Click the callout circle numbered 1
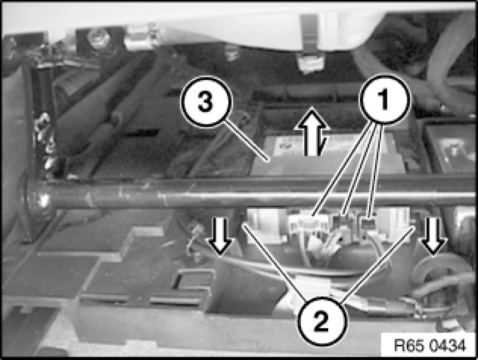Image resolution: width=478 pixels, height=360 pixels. pos(385,99)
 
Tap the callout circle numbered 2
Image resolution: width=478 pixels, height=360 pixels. pos(322,322)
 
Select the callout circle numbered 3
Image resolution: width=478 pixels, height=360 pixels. pos(206,102)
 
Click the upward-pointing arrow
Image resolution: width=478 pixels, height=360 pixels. pos(312,131)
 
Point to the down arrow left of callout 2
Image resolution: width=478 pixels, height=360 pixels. pos(220,237)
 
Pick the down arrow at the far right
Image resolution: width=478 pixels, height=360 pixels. pos(433,237)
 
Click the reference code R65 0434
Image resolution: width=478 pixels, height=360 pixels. pos(430,346)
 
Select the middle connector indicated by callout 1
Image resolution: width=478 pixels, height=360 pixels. pos(343,221)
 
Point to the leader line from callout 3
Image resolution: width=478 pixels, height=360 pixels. pos(246,141)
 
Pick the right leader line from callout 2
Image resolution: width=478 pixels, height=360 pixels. pos(377,265)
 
